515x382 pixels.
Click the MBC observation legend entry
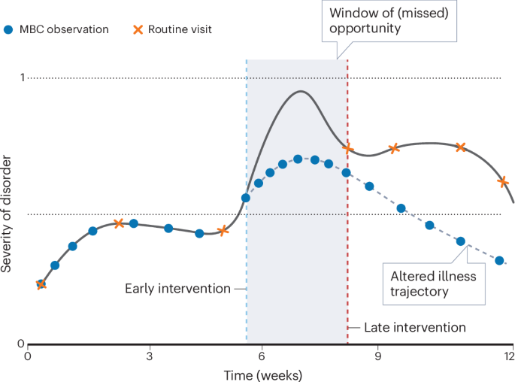(57, 30)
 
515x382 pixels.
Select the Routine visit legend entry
(170, 30)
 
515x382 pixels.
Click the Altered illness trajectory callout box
(432, 283)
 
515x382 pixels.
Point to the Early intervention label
(177, 289)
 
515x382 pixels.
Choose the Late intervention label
(414, 328)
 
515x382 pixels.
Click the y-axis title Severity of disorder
(8, 213)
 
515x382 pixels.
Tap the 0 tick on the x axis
(28, 356)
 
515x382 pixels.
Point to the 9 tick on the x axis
(377, 356)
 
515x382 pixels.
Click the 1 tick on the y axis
(23, 77)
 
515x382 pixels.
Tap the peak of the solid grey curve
(301, 92)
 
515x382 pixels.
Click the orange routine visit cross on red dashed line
(347, 148)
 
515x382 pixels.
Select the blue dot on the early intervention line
(246, 199)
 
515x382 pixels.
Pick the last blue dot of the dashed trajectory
(499, 260)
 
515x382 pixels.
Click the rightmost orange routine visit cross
(503, 181)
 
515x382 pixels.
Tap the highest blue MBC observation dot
(298, 159)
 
